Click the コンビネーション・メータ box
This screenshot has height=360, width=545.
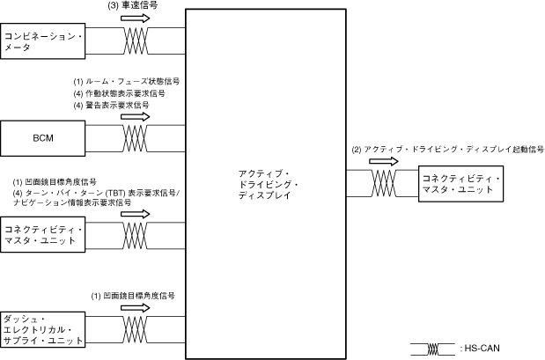point(44,41)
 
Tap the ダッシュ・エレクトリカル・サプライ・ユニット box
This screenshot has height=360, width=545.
point(44,328)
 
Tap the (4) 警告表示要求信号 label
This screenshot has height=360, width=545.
point(112,104)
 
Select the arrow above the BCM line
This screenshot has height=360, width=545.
point(136,116)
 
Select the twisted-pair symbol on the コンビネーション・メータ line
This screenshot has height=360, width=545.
point(136,40)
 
